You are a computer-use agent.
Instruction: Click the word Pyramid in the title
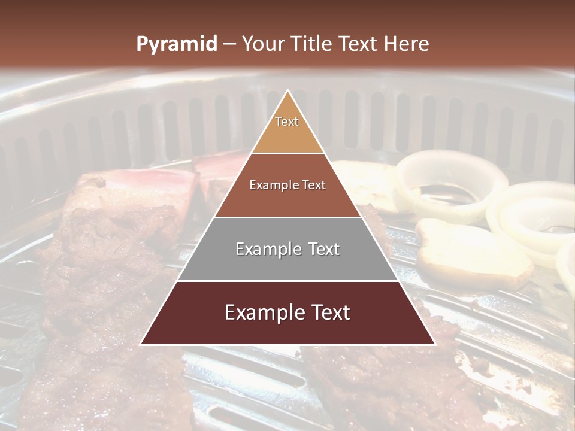coord(176,44)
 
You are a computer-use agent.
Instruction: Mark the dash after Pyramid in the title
coord(229,44)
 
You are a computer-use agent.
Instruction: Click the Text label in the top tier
coord(287,122)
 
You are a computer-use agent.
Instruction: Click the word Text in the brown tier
coord(313,185)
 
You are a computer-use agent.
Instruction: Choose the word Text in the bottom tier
coord(328,312)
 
